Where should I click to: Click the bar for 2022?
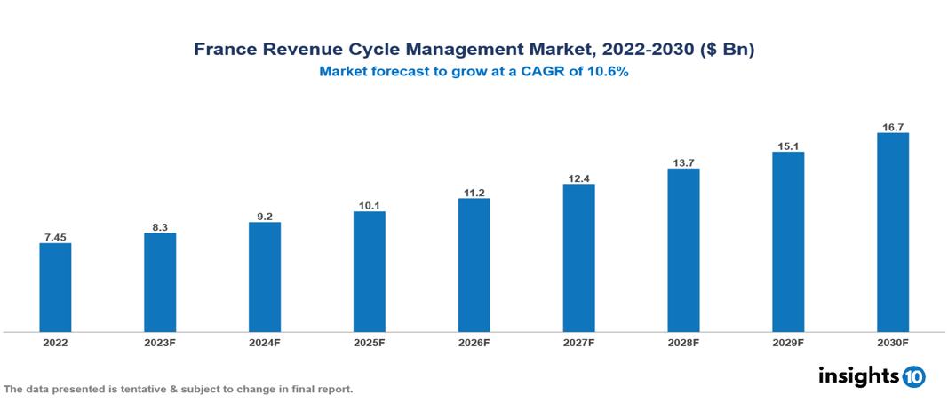coord(55,287)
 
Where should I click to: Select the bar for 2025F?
coord(369,271)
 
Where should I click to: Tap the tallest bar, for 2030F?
coord(892,232)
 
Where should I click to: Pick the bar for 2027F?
coord(578,257)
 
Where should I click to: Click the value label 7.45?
coord(55,236)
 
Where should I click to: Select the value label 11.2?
coord(474,192)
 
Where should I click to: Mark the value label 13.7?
coord(683,162)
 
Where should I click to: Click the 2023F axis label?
coord(160,342)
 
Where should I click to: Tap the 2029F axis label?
coord(788,342)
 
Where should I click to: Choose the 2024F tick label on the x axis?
coord(265,342)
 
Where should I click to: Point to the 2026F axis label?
coord(474,342)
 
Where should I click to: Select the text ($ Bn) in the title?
coord(728,51)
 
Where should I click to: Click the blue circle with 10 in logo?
coord(914,376)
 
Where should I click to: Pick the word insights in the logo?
coord(857,375)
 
